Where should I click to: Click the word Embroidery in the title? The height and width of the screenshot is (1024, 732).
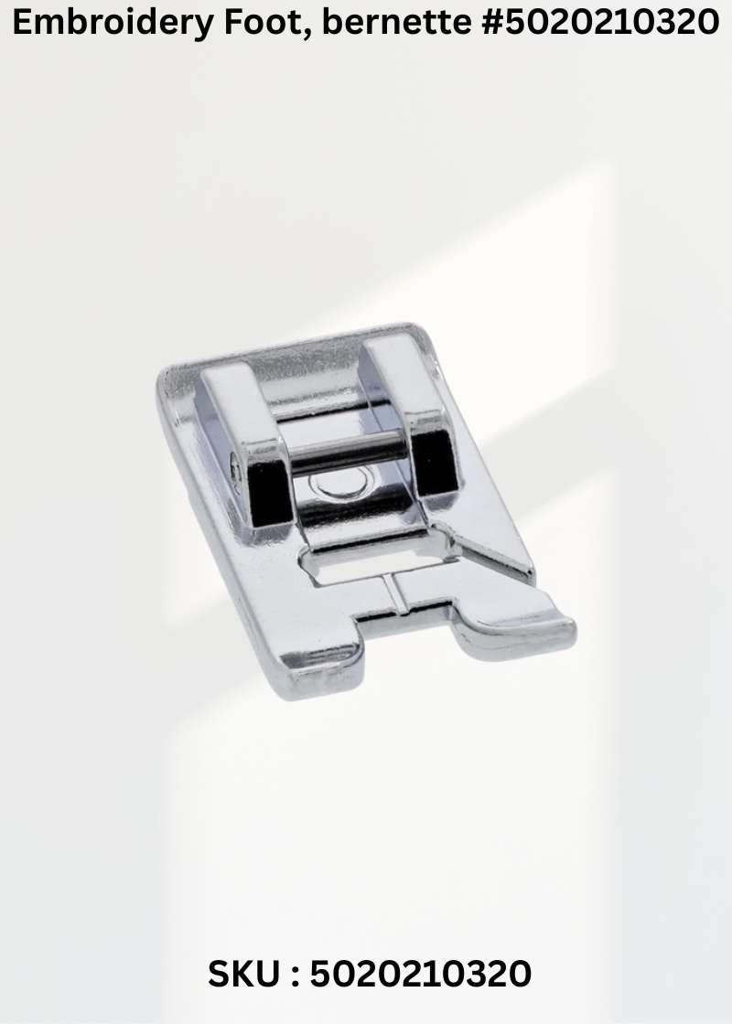click(113, 24)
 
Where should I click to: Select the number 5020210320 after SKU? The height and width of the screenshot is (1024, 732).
click(420, 975)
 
